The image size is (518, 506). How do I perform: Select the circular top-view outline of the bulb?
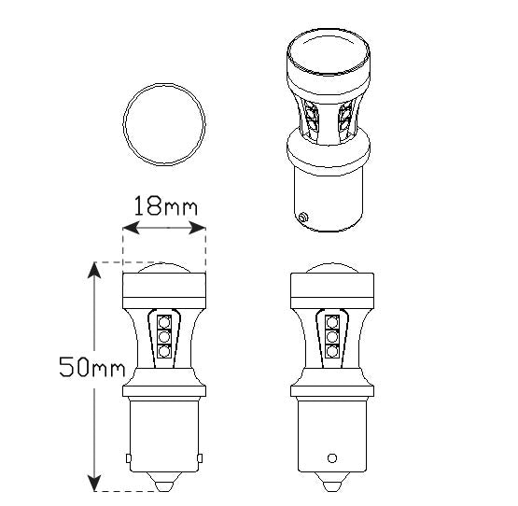click(164, 121)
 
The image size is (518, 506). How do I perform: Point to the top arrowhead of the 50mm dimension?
click(94, 269)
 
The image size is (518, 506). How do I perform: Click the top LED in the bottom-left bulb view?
click(163, 319)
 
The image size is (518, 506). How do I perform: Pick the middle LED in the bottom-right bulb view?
click(331, 334)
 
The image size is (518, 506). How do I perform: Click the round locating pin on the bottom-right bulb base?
click(331, 458)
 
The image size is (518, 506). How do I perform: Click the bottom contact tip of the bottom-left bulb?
click(163, 486)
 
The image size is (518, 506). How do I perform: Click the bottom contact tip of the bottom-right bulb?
click(331, 486)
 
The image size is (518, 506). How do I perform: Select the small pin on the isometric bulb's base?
click(304, 218)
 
